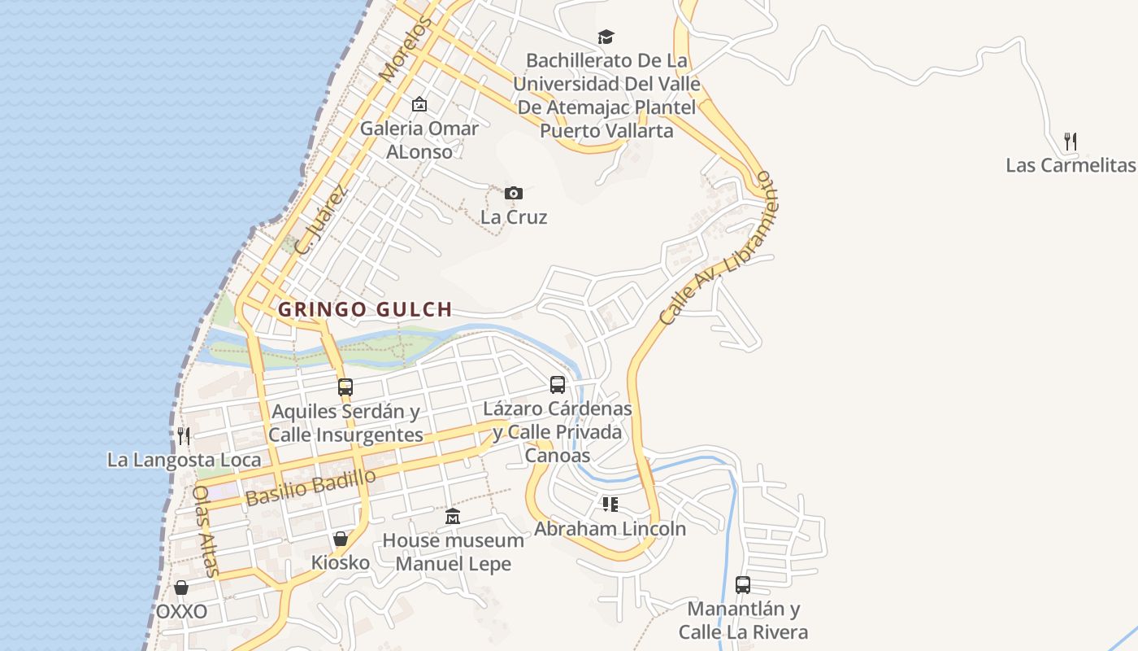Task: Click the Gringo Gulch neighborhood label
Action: click(x=365, y=309)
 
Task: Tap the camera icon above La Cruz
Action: click(x=513, y=193)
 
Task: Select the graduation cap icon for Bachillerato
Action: click(x=606, y=37)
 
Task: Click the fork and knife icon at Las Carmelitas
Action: click(x=1071, y=142)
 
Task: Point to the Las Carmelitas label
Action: click(x=1070, y=165)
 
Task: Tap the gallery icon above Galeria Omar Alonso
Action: click(x=419, y=104)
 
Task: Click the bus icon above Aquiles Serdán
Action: click(x=345, y=387)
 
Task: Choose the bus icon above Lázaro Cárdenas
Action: click(x=558, y=385)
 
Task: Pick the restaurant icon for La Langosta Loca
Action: click(x=184, y=436)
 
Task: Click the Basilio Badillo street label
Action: click(x=311, y=487)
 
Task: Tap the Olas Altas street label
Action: click(x=206, y=532)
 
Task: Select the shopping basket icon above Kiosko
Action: click(x=341, y=539)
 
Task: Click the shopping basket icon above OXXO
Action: click(x=181, y=588)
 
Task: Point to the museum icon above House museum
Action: click(x=453, y=517)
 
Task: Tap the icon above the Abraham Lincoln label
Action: click(x=610, y=505)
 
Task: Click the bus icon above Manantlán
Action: click(x=743, y=584)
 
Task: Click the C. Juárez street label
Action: click(x=321, y=220)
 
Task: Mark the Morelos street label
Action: click(x=402, y=50)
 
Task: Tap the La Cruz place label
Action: click(x=514, y=217)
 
